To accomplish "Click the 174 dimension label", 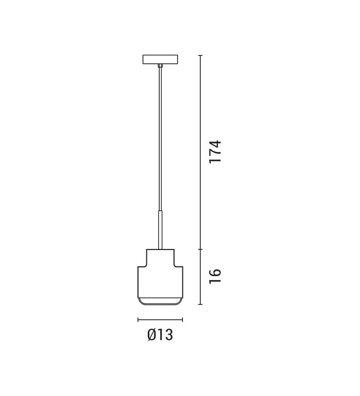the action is [215, 152].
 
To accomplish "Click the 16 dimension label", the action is [215, 276].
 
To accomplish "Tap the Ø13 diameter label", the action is [160, 335].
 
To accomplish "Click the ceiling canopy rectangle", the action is [160, 59].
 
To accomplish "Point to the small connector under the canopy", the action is [160, 66].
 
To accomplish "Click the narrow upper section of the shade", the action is [160, 257].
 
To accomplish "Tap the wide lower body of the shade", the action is [160, 282].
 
